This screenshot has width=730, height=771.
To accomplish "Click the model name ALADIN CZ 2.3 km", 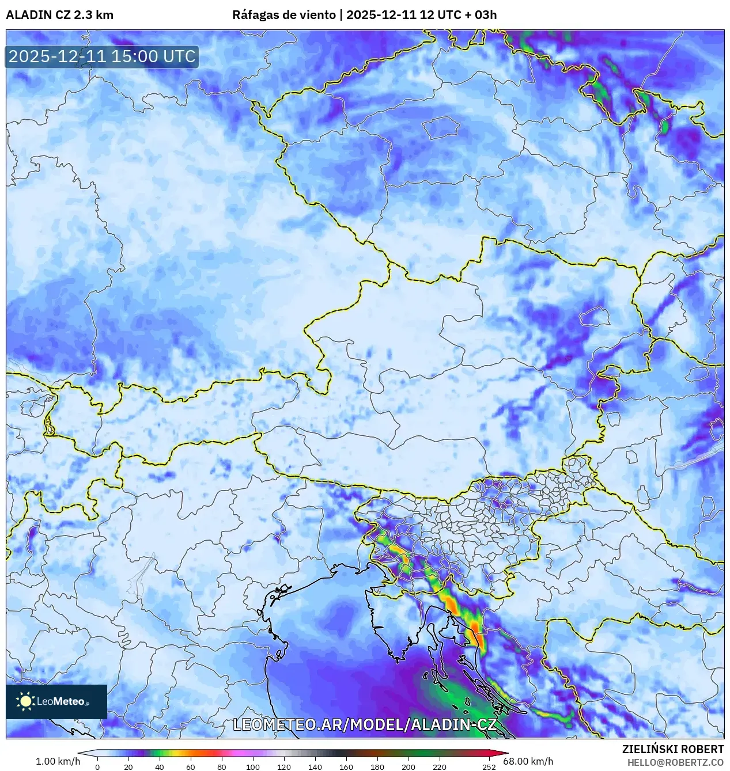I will (59, 15).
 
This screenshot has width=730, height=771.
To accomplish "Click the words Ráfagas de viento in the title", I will (283, 15).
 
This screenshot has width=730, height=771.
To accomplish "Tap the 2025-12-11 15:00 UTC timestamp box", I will (102, 56).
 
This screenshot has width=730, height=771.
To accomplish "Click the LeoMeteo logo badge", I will (56, 701).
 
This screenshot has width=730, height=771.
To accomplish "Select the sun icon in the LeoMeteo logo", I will (25, 701).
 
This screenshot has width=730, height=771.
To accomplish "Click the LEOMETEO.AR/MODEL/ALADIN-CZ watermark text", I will (364, 724).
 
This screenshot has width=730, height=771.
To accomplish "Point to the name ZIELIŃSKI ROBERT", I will (672, 749).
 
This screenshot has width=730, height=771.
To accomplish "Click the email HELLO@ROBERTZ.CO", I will (675, 762).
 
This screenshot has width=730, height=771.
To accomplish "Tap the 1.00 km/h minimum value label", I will (58, 761).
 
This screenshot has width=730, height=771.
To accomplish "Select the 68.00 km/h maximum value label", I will (528, 761).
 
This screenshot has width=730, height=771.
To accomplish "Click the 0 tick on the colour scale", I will (97, 767).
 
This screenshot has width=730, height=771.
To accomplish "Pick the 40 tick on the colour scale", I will (160, 767).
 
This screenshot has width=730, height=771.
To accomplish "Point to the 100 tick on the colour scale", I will (253, 767).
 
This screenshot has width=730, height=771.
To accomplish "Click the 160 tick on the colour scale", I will (346, 767).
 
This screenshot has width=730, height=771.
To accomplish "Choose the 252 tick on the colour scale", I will (489, 767).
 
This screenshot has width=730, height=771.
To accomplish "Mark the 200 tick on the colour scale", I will (409, 767).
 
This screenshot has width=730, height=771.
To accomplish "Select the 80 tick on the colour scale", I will (222, 767).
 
